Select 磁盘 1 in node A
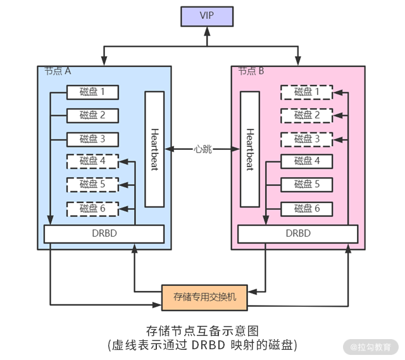tap(92, 92)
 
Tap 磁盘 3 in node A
tap(92, 139)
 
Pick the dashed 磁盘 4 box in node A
tap(92, 161)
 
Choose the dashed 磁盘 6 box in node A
tap(92, 208)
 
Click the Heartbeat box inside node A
tap(154, 149)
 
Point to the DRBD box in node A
tap(104, 233)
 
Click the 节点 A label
tap(58, 71)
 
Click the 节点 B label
tap(251, 71)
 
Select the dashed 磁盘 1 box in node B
tap(307, 92)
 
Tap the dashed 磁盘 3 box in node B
tap(307, 139)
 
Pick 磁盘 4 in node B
tap(307, 161)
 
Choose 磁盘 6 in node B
tap(307, 208)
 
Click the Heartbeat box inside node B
tap(249, 149)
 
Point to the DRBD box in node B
tap(298, 233)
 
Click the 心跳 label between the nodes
tap(202, 149)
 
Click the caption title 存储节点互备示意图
tap(202, 331)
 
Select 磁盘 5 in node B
tap(307, 185)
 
